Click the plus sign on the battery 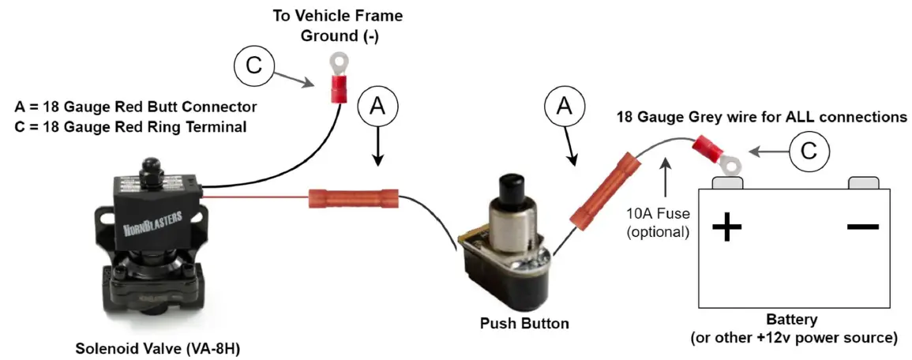point(726,228)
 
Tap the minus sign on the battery point(862,227)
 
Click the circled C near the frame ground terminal point(253,65)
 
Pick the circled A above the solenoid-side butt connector point(377,108)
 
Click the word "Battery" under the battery point(793,321)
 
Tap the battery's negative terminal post point(864,182)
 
